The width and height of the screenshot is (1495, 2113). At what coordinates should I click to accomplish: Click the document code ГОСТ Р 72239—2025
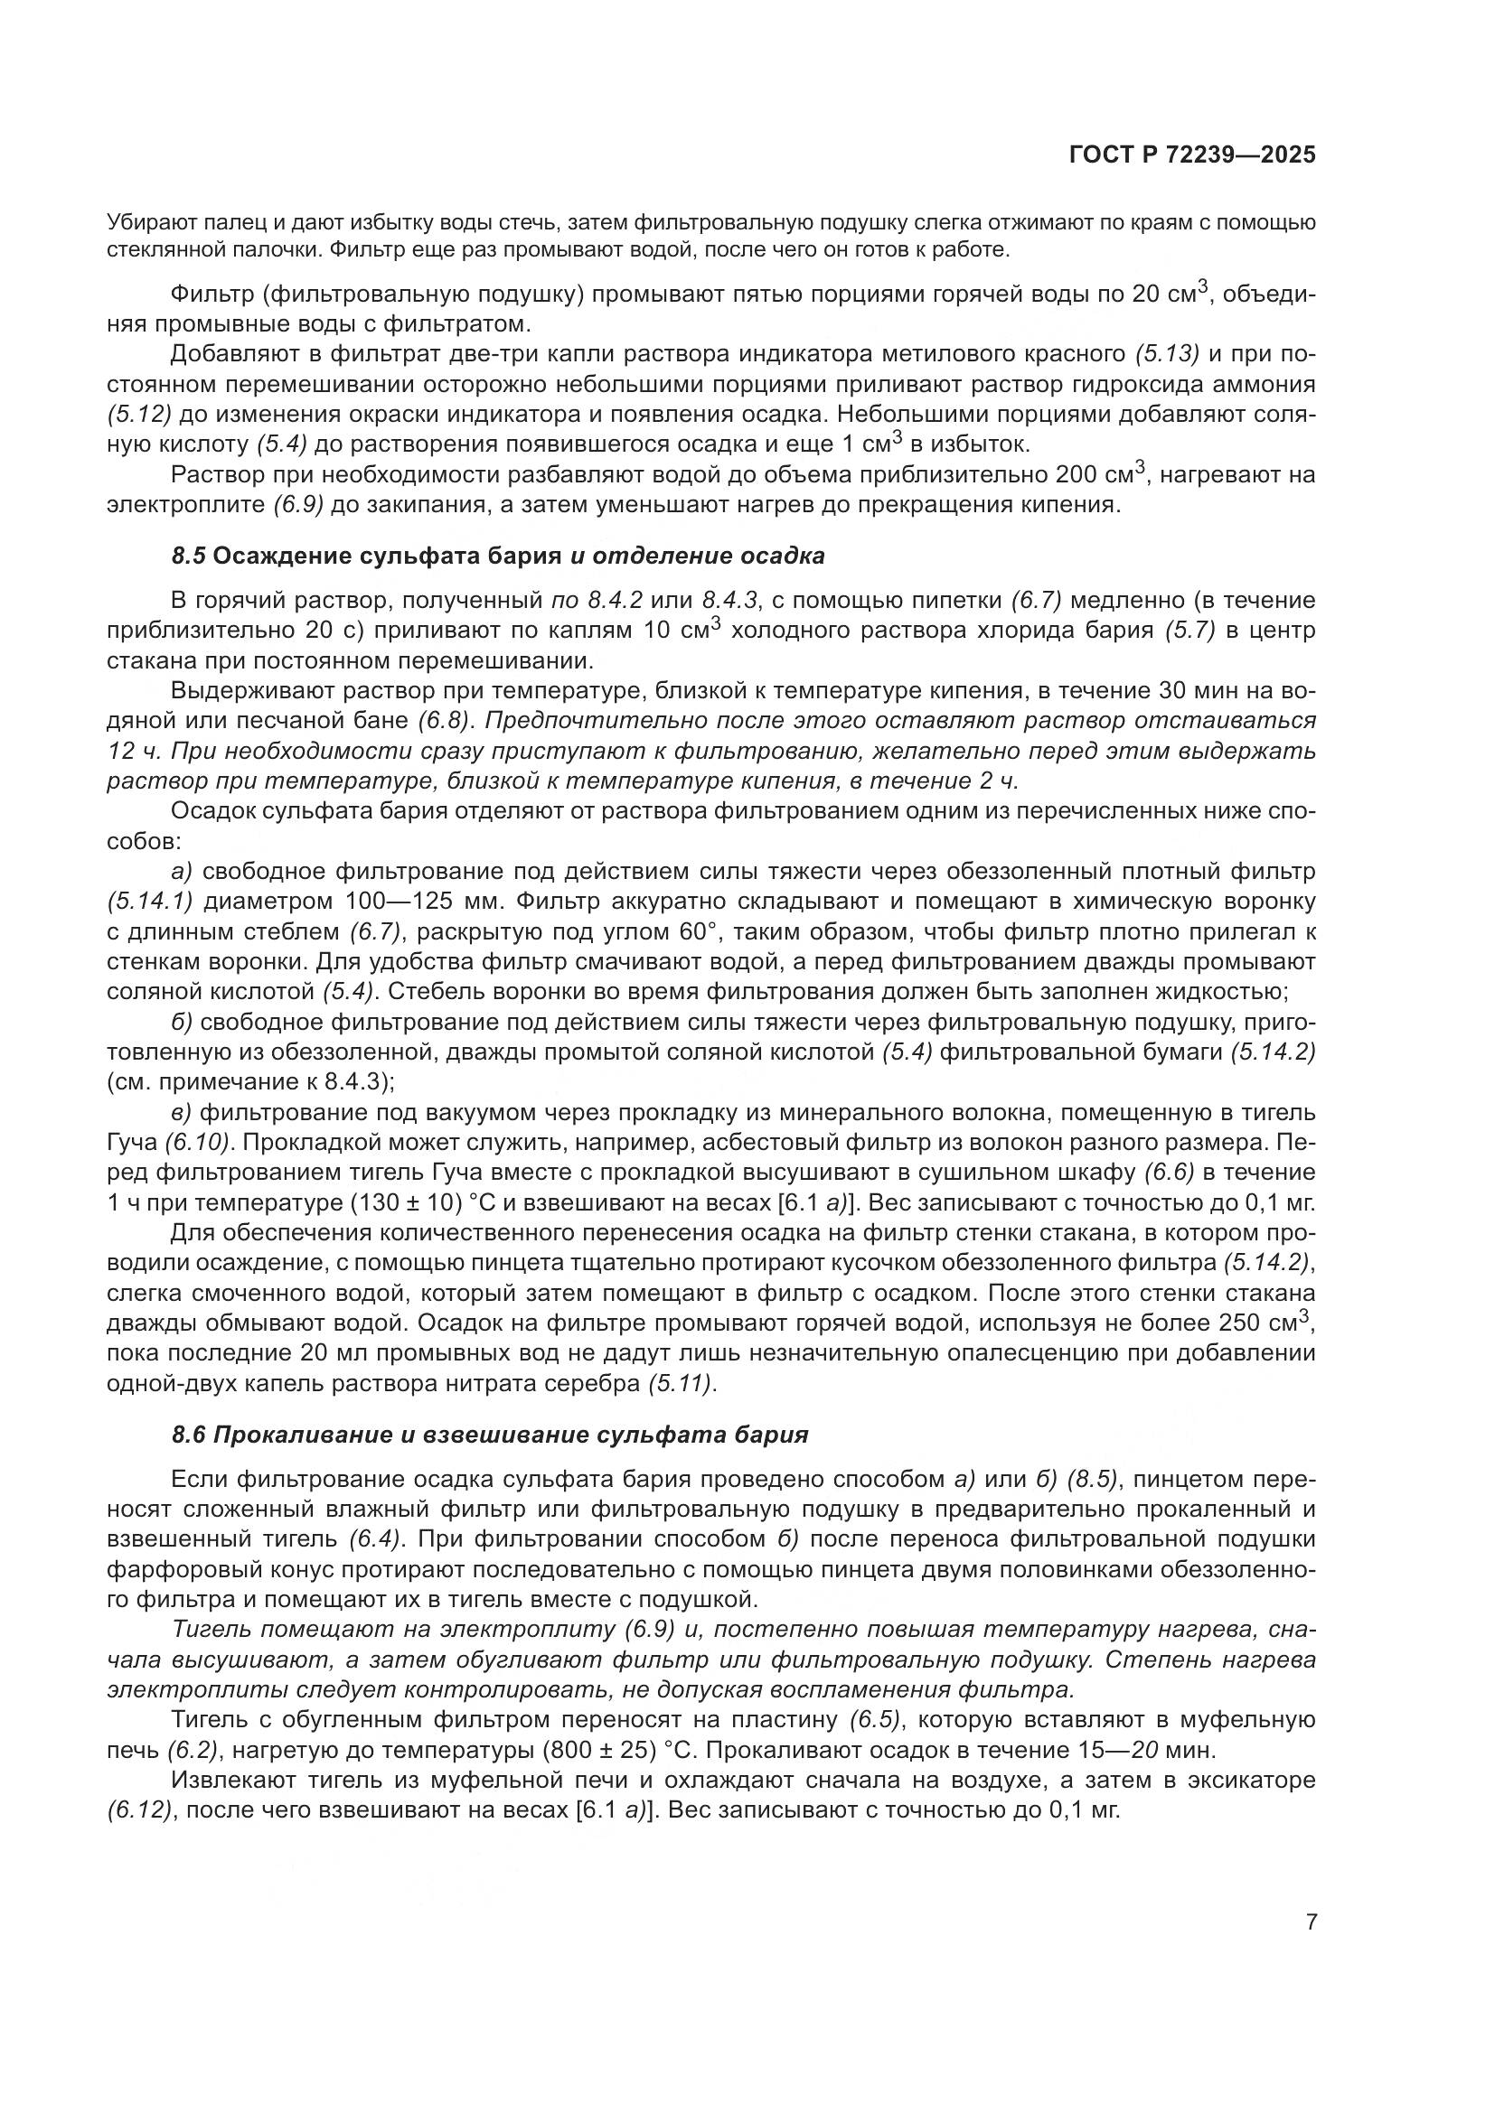point(1192,155)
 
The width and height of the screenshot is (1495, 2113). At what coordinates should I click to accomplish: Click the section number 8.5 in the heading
point(190,556)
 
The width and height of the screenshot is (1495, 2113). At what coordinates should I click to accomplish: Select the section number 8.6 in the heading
point(190,1435)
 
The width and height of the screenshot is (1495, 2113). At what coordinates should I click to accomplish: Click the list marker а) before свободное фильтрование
point(183,872)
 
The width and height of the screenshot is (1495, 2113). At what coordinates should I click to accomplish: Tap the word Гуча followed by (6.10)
point(133,1143)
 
